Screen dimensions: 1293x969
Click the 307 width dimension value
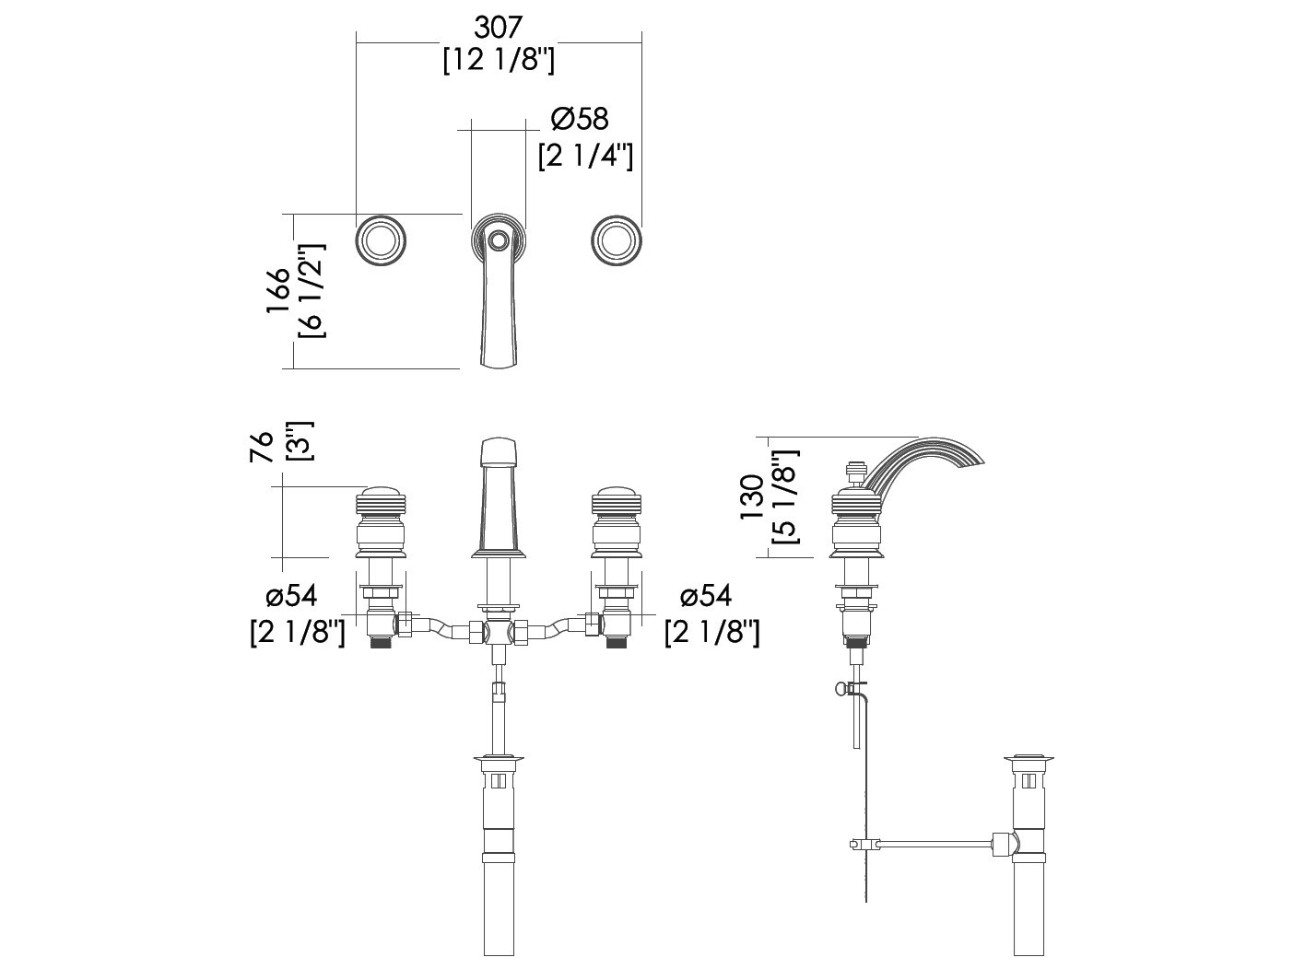point(499,27)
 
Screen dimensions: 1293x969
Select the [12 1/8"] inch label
point(499,61)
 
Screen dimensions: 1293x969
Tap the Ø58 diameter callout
point(579,120)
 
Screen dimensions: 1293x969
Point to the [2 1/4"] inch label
point(585,157)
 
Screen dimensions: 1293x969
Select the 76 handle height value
point(262,447)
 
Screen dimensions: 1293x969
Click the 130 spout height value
point(752,497)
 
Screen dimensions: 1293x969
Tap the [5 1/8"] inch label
point(785,497)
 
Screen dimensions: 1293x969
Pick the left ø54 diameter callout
point(291,596)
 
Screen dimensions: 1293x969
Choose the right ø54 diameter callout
point(706,596)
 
